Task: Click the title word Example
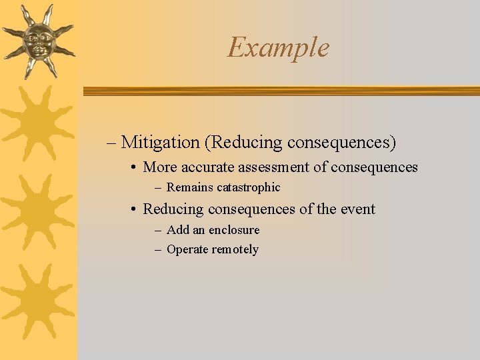pos(278,47)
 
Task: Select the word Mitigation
pos(161,142)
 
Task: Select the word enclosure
pos(234,230)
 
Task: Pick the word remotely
pos(235,250)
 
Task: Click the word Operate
pos(187,250)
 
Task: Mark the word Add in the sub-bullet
pos(177,230)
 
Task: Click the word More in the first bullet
pos(159,167)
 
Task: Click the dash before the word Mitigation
pos(111,143)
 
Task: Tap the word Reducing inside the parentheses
pos(245,142)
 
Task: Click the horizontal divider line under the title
pos(280,91)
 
